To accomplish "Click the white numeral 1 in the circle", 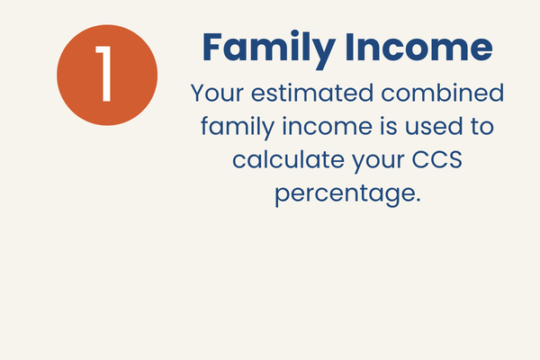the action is point(104,74).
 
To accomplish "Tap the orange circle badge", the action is point(107,75).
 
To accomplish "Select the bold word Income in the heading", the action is point(418,47).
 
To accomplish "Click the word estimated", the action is point(312,93).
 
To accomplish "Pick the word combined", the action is point(443,93).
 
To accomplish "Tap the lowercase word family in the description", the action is point(238,126).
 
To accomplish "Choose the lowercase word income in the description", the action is point(328,126).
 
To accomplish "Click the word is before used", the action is point(389,126).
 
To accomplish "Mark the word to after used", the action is point(482,126).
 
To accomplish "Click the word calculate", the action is point(288,159).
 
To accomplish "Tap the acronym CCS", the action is point(437,159).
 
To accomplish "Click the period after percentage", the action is point(418,200).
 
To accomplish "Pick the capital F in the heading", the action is point(211,47).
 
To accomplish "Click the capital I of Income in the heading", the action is point(349,47).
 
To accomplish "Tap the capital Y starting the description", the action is point(198,93).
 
